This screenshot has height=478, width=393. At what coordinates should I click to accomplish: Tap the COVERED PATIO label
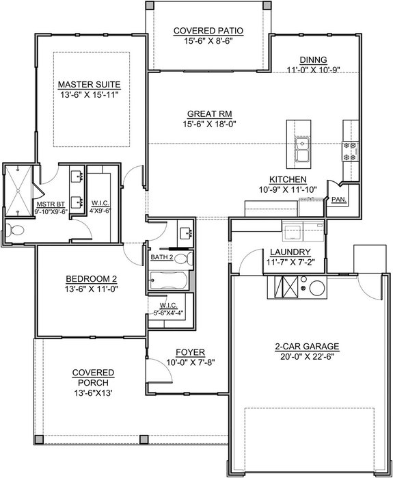(x=208, y=31)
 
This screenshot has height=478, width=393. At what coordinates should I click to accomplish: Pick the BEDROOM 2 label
(x=92, y=278)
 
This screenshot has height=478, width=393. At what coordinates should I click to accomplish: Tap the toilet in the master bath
(x=15, y=230)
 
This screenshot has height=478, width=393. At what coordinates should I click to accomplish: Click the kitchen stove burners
(x=351, y=150)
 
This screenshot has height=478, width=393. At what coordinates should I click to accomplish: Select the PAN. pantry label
(x=338, y=200)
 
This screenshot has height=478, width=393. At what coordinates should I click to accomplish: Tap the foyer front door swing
(x=159, y=374)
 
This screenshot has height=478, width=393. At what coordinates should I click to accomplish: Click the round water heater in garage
(x=316, y=287)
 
